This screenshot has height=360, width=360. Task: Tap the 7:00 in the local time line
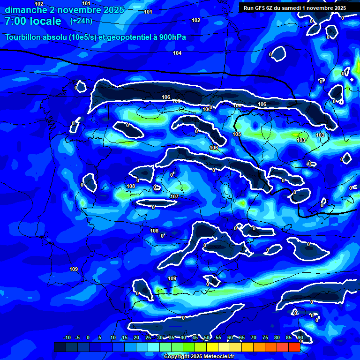[16, 21]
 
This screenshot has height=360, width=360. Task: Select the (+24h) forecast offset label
[81, 21]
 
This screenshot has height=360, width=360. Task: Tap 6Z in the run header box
[273, 8]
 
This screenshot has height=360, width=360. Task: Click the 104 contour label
[177, 53]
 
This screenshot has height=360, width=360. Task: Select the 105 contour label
[237, 135]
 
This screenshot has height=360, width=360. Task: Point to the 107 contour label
[174, 196]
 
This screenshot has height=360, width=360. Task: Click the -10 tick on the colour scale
[66, 337]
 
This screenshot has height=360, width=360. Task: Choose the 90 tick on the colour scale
[300, 337]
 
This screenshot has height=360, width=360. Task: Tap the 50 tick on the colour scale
[207, 337]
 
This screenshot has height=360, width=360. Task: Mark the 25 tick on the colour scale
[148, 337]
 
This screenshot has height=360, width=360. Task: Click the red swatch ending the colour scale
[294, 347]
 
